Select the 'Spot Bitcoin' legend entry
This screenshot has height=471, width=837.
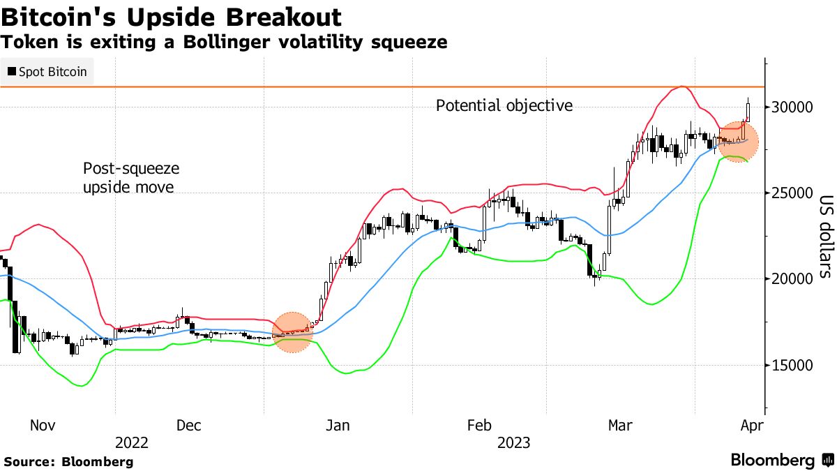tap(47, 72)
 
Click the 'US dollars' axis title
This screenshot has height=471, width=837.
tap(824, 235)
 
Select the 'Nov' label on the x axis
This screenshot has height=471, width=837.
tap(43, 425)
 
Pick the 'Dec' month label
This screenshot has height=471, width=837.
tap(190, 425)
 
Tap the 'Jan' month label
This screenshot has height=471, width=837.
tap(338, 425)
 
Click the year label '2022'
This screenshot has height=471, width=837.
tap(132, 443)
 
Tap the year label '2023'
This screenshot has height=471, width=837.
tap(513, 443)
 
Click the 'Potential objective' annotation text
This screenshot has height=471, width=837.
tap(504, 106)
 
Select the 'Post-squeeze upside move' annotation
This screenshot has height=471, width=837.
tap(131, 178)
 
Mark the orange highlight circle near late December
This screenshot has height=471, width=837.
tap(294, 332)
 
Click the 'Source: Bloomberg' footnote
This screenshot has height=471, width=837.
tap(68, 461)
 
